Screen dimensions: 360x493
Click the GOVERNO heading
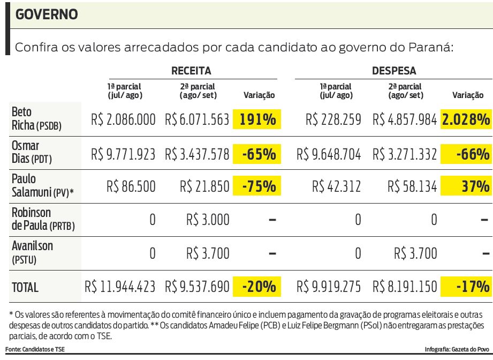(x=47, y=15)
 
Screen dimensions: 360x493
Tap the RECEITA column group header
(x=191, y=71)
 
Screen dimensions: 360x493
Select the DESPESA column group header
(x=394, y=71)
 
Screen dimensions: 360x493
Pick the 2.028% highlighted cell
(x=466, y=119)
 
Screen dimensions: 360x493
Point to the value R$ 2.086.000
(x=124, y=119)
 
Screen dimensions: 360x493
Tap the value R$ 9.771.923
(x=124, y=154)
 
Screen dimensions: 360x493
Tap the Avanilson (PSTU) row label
(x=32, y=252)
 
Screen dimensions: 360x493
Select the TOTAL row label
(x=25, y=287)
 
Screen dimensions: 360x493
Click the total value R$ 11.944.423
(x=120, y=287)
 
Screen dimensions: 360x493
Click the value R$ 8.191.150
(x=405, y=287)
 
